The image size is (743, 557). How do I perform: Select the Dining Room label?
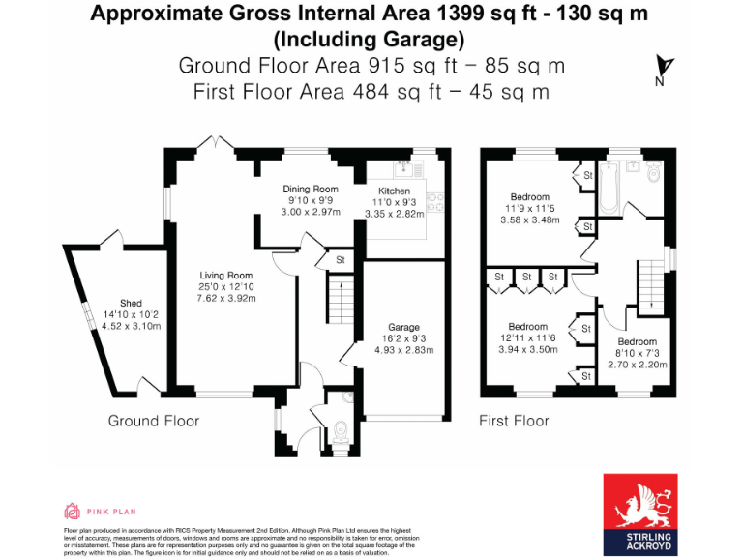click(311, 189)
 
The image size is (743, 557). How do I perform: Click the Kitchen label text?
click(394, 191)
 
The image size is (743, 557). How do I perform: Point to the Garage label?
click(403, 327)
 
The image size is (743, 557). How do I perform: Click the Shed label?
click(131, 304)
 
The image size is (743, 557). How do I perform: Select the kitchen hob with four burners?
click(436, 202)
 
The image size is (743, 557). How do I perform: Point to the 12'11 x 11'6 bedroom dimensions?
click(528, 339)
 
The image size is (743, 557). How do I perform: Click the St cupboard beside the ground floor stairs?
click(341, 260)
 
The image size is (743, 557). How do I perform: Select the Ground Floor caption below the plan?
click(153, 421)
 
